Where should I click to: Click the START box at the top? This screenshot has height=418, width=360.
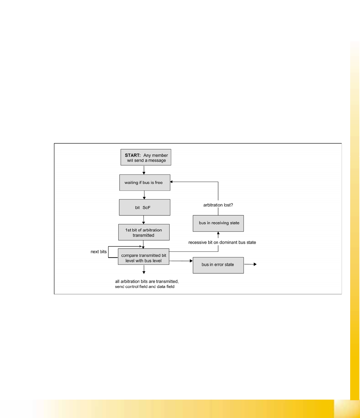(146, 157)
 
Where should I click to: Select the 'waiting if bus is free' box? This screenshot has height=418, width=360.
(145, 183)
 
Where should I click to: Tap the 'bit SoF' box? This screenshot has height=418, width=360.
(144, 207)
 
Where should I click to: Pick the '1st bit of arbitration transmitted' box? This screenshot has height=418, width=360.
(144, 232)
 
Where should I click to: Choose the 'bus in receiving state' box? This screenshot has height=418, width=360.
(218, 223)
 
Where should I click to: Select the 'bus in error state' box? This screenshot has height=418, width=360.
(218, 265)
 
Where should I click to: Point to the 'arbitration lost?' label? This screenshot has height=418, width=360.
(218, 205)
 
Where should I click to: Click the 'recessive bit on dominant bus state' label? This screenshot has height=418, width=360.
(222, 243)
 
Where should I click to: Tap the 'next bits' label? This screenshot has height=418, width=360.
(99, 252)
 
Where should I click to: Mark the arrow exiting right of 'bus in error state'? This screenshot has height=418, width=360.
(250, 264)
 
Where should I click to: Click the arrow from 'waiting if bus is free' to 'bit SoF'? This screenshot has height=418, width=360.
(144, 195)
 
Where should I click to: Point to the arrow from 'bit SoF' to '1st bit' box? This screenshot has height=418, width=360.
(144, 220)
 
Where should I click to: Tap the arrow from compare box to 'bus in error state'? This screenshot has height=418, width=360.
(181, 261)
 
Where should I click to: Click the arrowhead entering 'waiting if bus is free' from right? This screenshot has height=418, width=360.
(172, 182)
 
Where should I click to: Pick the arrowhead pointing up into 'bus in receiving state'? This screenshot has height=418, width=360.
(218, 233)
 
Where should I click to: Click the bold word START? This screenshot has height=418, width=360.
(133, 155)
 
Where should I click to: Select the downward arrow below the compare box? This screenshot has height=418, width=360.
(144, 270)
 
